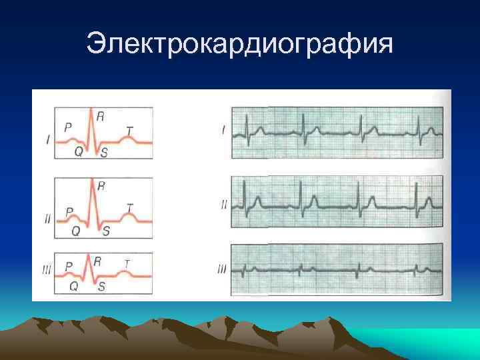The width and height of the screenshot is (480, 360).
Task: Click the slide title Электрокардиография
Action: tap(240, 45)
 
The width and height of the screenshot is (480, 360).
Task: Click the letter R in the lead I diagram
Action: tap(100, 116)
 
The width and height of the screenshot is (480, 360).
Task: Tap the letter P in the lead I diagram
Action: tap(68, 125)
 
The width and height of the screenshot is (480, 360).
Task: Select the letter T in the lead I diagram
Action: tap(129, 129)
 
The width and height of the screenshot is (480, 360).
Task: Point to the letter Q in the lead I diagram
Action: tap(78, 151)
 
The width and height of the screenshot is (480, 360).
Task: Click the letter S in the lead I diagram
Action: tap(104, 152)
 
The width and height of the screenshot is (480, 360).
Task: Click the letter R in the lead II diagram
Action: tap(101, 187)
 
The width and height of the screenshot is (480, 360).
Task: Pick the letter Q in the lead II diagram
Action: tap(76, 231)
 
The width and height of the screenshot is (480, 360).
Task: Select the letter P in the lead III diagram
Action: tap(68, 265)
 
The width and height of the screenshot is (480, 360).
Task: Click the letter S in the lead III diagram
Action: tap(101, 287)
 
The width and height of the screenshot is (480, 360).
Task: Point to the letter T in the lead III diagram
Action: tap(126, 263)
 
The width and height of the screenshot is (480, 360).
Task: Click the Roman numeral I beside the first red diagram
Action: tap(48, 139)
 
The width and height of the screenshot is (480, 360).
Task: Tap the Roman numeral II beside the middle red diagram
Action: tap(47, 218)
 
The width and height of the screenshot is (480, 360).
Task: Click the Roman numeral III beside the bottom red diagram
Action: tap(45, 270)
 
